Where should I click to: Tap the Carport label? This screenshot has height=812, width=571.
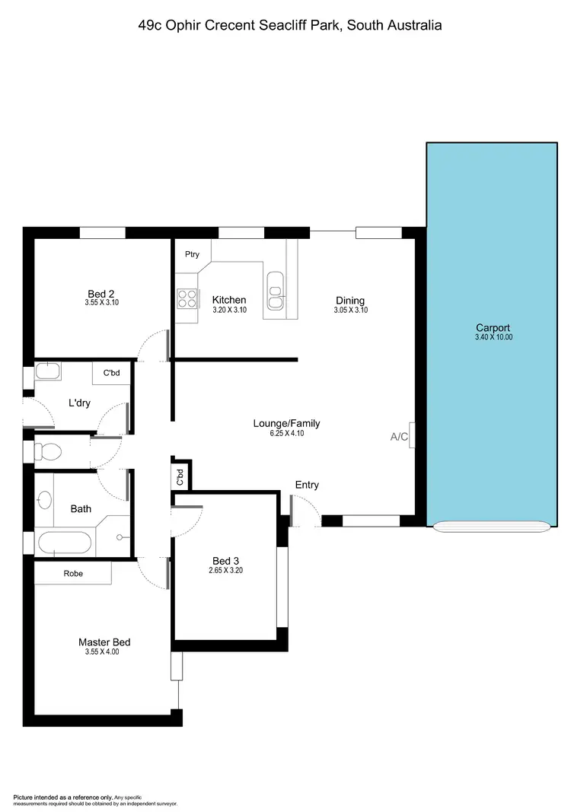coord(493,328)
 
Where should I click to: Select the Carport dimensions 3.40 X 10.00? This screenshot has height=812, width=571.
coord(493,337)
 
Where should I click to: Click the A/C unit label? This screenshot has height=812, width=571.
coord(399,437)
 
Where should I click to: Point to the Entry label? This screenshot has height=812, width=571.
coord(307,485)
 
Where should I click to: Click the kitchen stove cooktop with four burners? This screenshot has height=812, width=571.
coord(187,299)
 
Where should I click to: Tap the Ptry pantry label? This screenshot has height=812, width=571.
coord(192,254)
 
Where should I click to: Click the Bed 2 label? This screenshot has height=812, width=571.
coord(100,294)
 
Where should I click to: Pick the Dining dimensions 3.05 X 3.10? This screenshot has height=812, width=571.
coord(350,310)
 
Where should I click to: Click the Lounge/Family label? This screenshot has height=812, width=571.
coord(286,423)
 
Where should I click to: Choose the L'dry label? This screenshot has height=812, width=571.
coord(79,403)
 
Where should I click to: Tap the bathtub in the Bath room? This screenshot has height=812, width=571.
coord(65,543)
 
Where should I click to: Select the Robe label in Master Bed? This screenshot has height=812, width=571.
coord(73,573)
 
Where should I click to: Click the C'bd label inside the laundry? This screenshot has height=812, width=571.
coord(111,373)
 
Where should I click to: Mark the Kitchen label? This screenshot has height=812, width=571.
coord(228,300)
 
